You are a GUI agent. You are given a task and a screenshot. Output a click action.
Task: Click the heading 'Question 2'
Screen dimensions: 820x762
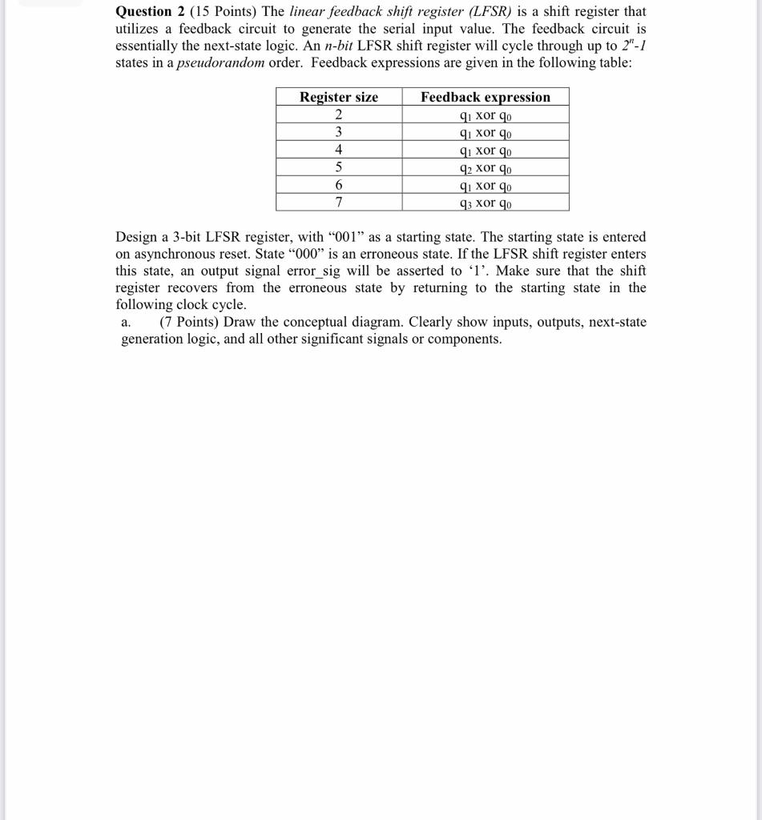point(144,11)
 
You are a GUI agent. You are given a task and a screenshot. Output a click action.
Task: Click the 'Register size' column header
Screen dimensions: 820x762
point(338,97)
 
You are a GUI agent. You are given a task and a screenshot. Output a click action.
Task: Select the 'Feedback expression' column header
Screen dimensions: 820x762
point(486,97)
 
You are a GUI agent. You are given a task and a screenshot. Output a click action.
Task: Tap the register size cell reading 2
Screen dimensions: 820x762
point(338,115)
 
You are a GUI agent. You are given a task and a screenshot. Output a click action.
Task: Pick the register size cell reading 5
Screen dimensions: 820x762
point(338,167)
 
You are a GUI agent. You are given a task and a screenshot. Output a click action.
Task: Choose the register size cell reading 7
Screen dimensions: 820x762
point(338,202)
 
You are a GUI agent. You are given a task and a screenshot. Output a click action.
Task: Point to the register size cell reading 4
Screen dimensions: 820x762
point(338,150)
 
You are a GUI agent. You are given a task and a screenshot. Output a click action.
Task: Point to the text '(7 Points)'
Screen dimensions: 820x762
point(189,322)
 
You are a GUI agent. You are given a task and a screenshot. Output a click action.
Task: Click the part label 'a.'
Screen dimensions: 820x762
point(126,322)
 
